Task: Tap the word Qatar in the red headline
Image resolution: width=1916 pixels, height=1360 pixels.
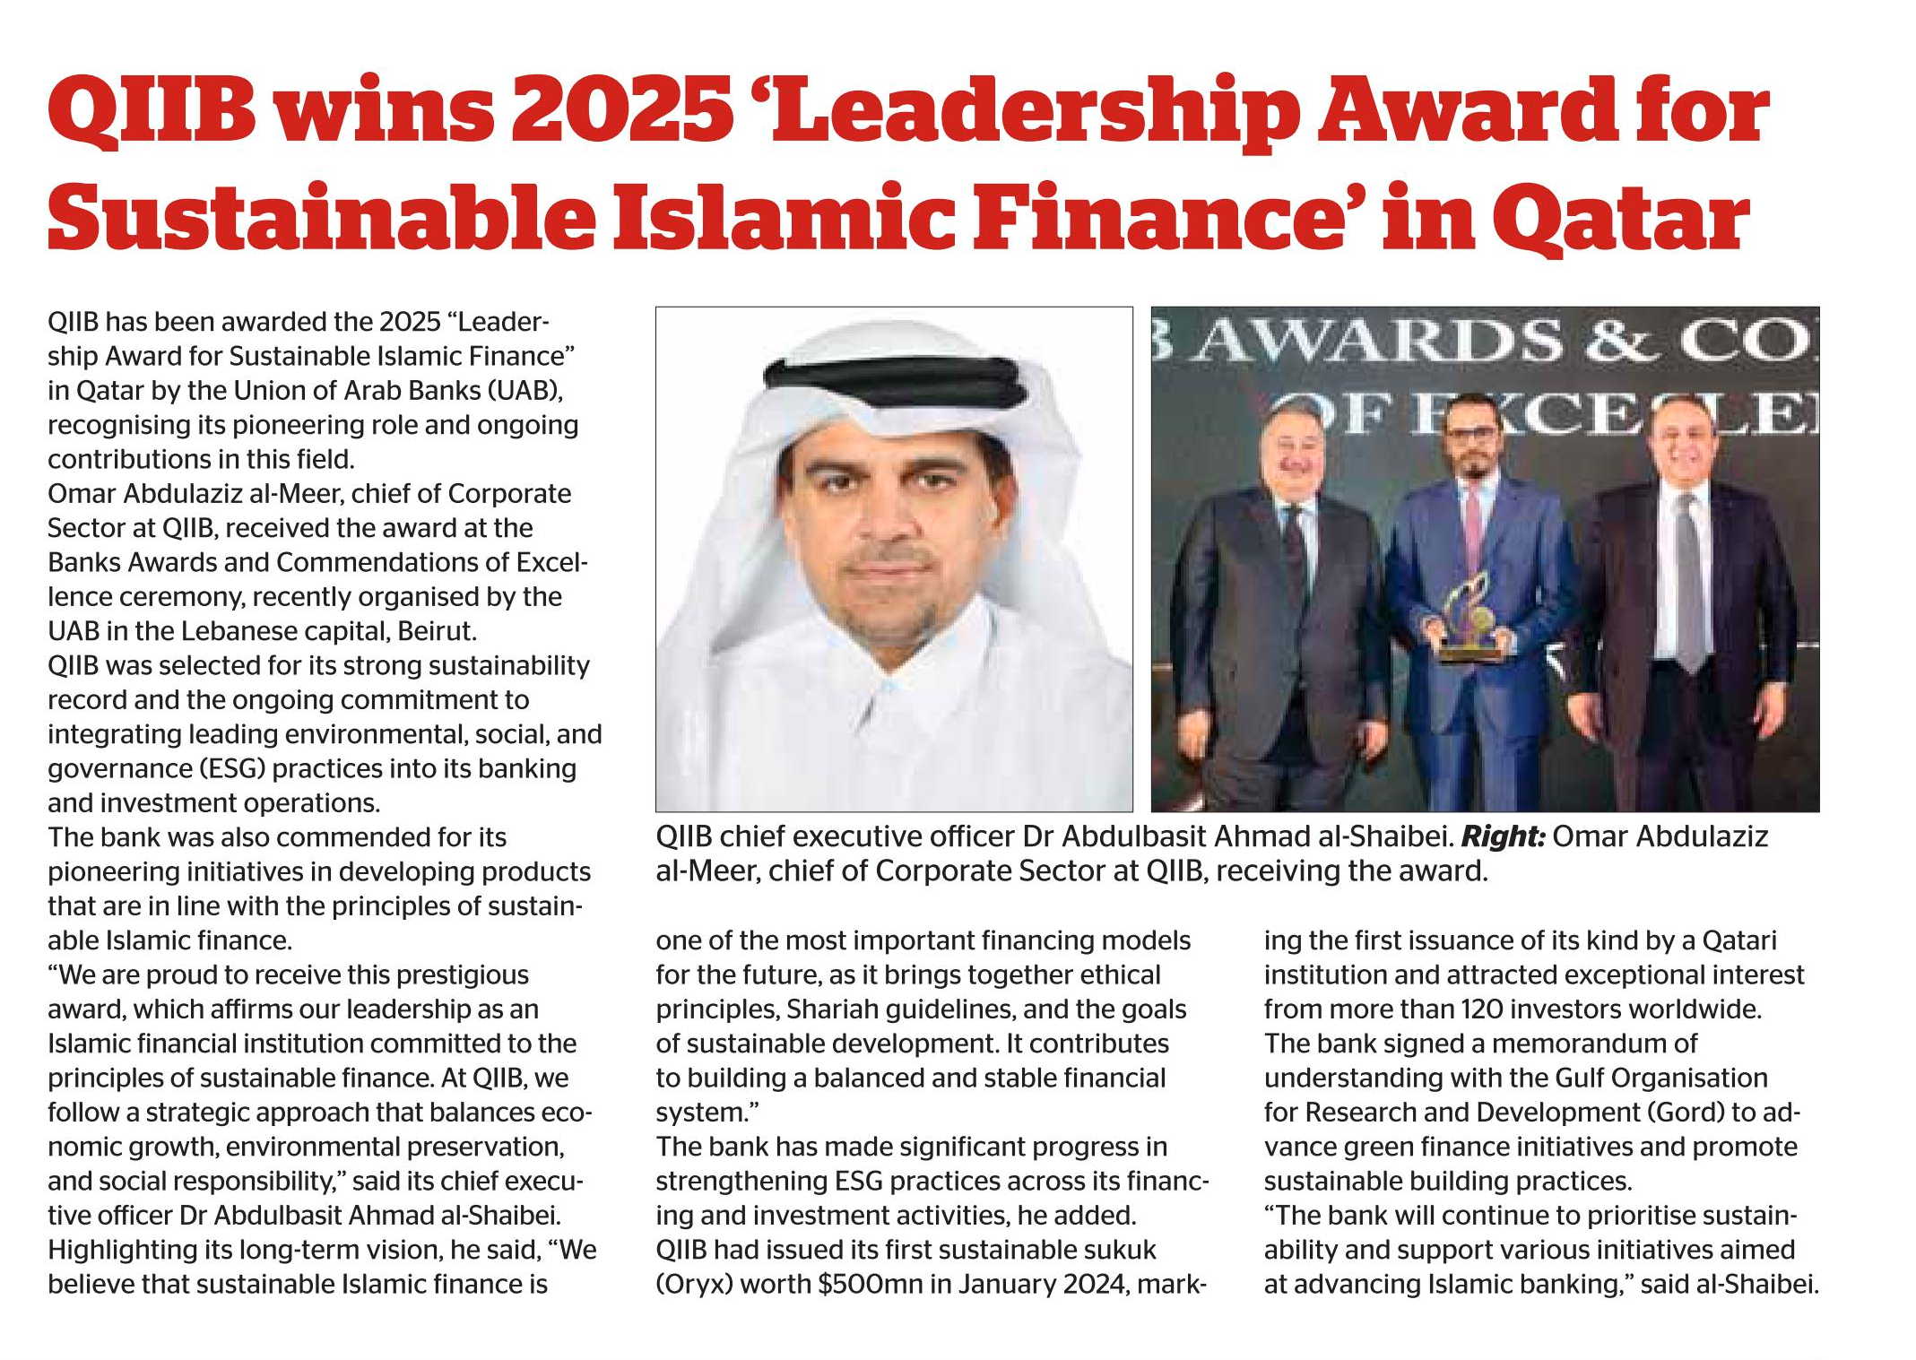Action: click(1621, 219)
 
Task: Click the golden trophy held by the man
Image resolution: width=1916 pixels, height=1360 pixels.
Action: click(1470, 618)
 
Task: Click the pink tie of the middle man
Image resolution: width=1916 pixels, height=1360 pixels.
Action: click(1472, 530)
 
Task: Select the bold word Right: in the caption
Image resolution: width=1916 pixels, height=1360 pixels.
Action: click(1503, 836)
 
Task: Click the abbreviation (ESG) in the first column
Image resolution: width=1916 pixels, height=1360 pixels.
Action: click(232, 769)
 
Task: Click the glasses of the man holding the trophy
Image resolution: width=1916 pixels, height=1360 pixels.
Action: click(1471, 436)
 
